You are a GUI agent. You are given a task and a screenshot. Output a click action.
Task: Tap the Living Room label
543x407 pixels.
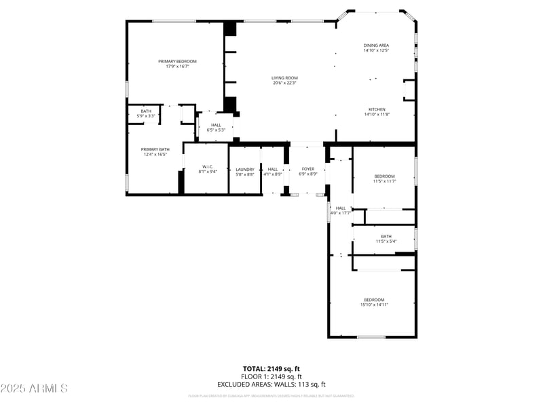coord(285,78)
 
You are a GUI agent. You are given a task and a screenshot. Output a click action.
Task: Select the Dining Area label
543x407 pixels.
coord(376,45)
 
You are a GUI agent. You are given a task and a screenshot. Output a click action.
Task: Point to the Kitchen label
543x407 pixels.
coord(377,109)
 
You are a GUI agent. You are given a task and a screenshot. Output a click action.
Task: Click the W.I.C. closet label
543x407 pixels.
coord(208,166)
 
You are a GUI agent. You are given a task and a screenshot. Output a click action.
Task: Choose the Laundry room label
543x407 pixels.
coord(245,169)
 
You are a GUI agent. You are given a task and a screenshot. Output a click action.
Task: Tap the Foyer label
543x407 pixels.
coord(309,169)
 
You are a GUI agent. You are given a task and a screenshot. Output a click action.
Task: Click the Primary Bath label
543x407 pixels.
coord(155,149)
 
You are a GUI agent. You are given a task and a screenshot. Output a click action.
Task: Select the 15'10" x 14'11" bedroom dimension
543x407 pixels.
coord(374,305)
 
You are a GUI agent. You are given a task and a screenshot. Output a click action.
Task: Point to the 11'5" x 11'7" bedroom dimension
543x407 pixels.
coord(383,181)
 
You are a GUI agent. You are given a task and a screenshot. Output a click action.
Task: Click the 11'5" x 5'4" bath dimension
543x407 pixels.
coord(386,241)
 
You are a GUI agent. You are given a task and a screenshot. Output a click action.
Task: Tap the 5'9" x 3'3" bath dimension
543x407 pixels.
coord(147,116)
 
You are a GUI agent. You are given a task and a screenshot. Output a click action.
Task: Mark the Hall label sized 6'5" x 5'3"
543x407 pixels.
coord(216,125)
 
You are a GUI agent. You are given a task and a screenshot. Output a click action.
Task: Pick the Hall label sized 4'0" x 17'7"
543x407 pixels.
coord(341,208)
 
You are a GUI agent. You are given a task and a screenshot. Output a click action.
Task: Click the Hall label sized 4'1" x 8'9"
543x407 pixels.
coord(273,169)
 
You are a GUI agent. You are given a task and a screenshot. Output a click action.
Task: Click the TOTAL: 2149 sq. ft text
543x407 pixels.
coord(271,368)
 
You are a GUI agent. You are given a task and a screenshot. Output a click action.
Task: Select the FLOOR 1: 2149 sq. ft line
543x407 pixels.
coord(271,376)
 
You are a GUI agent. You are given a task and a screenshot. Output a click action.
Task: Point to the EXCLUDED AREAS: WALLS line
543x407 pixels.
coord(271,385)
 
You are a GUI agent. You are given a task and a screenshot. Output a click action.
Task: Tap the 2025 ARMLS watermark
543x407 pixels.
coord(34,389)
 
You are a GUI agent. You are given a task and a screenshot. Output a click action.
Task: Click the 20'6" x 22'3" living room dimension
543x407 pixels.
coord(285,83)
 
